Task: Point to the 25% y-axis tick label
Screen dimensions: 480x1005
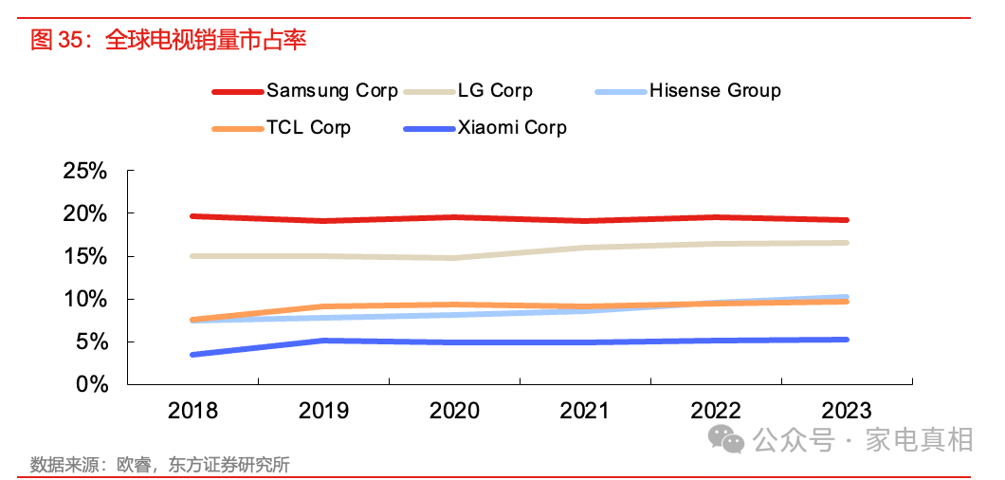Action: click(x=84, y=172)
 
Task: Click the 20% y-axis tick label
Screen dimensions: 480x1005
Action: click(x=84, y=214)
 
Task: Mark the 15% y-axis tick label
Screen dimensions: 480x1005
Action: click(x=84, y=257)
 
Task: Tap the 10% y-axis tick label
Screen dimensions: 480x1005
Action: click(x=84, y=300)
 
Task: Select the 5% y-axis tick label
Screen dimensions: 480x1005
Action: click(x=91, y=342)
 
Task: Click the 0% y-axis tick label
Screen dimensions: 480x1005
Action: click(x=91, y=385)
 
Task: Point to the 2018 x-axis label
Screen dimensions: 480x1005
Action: click(x=192, y=411)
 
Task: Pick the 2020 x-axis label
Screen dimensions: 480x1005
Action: click(x=454, y=411)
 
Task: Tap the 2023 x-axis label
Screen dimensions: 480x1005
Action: click(x=846, y=411)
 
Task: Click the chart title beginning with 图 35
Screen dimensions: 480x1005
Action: click(x=169, y=40)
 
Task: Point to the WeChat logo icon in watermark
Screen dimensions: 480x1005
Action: click(x=729, y=439)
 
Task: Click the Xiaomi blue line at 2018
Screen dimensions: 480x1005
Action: click(x=193, y=354)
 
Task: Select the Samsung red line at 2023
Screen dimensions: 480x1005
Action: click(x=846, y=220)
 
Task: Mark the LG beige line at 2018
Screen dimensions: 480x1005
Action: click(x=193, y=256)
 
